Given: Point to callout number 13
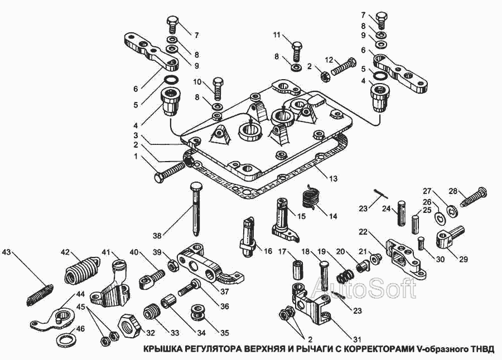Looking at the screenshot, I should pyautogui.click(x=333, y=178).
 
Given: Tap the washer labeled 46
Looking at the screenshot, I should pyautogui.click(x=64, y=339).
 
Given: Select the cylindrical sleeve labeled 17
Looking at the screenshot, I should pyautogui.click(x=296, y=268).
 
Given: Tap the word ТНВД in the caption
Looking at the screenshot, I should pyautogui.click(x=482, y=350).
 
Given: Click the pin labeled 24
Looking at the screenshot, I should pyautogui.click(x=400, y=212).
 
